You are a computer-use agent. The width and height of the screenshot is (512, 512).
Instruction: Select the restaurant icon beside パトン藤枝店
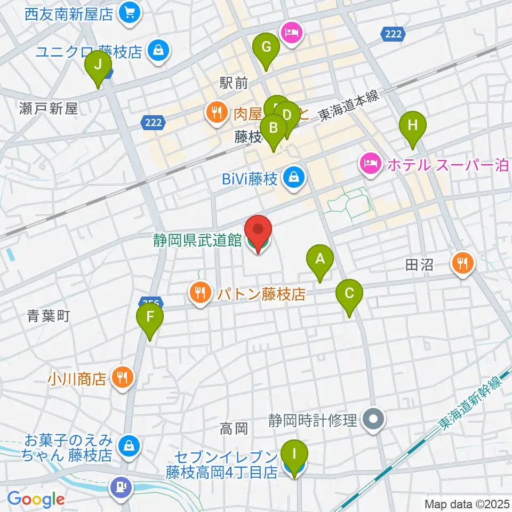point(200,292)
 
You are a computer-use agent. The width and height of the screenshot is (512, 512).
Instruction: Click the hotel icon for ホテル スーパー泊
point(370,164)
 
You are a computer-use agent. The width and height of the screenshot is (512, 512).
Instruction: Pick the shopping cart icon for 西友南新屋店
point(130,12)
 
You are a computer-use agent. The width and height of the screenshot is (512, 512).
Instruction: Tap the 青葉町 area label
point(49,316)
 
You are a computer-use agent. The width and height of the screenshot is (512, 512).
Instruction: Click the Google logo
point(36,500)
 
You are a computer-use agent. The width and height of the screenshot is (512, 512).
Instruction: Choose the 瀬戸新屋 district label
point(49,109)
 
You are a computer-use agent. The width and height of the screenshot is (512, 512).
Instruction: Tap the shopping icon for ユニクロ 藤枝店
point(158,51)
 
